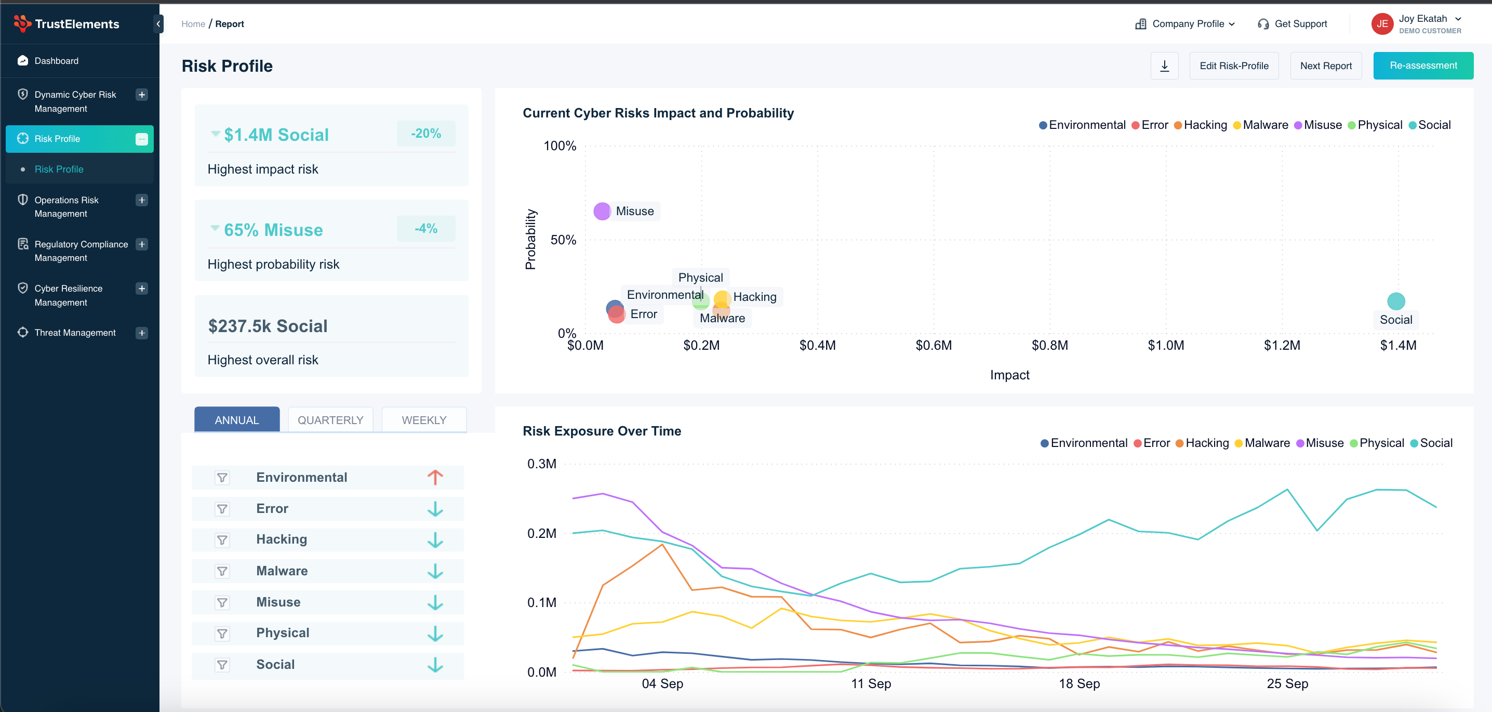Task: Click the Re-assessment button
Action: [1422, 66]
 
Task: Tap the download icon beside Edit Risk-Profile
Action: [1164, 66]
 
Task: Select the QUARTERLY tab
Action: [330, 420]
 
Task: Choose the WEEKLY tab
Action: [424, 420]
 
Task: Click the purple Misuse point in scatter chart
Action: [602, 212]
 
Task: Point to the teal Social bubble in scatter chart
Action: [1396, 301]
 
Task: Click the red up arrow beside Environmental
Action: [435, 478]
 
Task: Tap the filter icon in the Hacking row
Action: [222, 540]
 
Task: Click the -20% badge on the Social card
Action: [425, 134]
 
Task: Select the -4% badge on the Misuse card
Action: [425, 229]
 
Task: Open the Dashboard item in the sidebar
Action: [56, 61]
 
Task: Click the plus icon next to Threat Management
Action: [142, 333]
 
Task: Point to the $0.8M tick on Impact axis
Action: [1049, 346]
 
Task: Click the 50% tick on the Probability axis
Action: [563, 240]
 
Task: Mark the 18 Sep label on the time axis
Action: [1079, 683]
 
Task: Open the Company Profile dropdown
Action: [1185, 24]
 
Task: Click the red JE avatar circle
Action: [1382, 24]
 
